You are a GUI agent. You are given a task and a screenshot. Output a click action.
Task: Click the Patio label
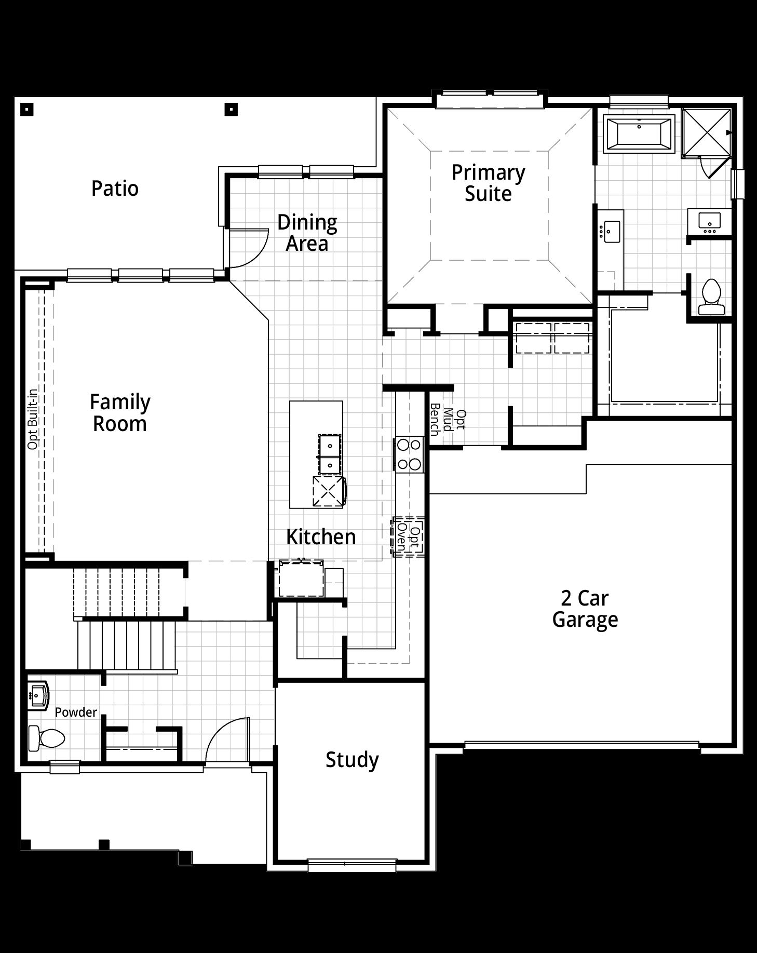pos(115,189)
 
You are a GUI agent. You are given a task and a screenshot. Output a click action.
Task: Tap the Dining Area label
pos(307,233)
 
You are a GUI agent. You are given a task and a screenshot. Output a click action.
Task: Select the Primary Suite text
pos(488,183)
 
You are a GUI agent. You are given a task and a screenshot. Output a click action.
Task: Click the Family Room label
pos(120,413)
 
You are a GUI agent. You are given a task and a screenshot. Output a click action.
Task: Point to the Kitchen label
pos(321,537)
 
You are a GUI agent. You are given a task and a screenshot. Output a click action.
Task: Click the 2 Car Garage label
pos(585,609)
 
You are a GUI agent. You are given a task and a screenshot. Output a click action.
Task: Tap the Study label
pos(352,760)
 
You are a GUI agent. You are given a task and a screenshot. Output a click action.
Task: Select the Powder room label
pos(76,712)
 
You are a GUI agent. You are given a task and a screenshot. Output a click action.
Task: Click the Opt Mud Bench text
pos(448,420)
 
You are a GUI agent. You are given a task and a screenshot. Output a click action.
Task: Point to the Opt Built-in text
pos(33,419)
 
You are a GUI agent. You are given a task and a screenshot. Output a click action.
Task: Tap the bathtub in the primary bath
pos(639,134)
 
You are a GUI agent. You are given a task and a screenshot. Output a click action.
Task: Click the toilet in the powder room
pos(46,738)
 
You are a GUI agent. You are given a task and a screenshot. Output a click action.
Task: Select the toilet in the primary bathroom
pos(711,297)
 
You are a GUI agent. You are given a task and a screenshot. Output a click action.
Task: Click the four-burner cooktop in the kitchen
pos(410,454)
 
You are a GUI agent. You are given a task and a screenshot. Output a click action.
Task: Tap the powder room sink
pos(37,694)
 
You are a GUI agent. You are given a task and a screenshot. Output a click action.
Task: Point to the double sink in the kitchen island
pos(330,454)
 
